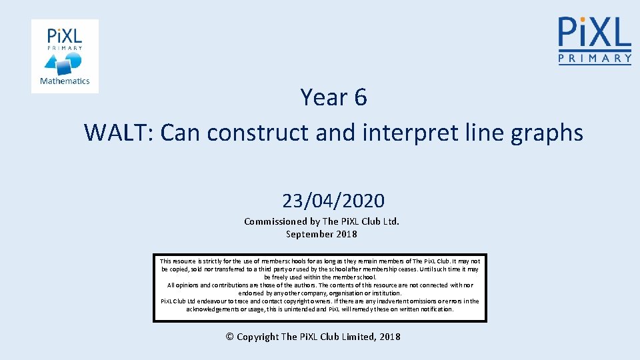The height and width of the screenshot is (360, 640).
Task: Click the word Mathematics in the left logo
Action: click(x=65, y=81)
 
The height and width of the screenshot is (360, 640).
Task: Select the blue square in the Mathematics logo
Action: click(x=65, y=67)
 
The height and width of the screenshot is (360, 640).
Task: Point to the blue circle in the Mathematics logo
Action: click(x=75, y=60)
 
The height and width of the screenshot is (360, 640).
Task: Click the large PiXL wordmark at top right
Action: click(x=595, y=31)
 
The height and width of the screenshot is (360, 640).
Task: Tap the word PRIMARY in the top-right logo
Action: click(x=595, y=59)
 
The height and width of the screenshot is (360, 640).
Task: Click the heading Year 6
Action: click(x=333, y=97)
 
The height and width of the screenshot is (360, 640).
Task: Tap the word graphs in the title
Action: click(x=547, y=133)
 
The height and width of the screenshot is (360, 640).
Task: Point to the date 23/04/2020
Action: click(x=333, y=200)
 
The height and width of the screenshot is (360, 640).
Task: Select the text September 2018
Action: click(x=321, y=234)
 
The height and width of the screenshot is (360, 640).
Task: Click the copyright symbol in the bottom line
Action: click(x=230, y=337)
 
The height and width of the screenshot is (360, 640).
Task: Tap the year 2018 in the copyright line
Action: click(x=389, y=337)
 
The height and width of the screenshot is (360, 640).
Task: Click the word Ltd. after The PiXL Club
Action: click(x=390, y=221)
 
